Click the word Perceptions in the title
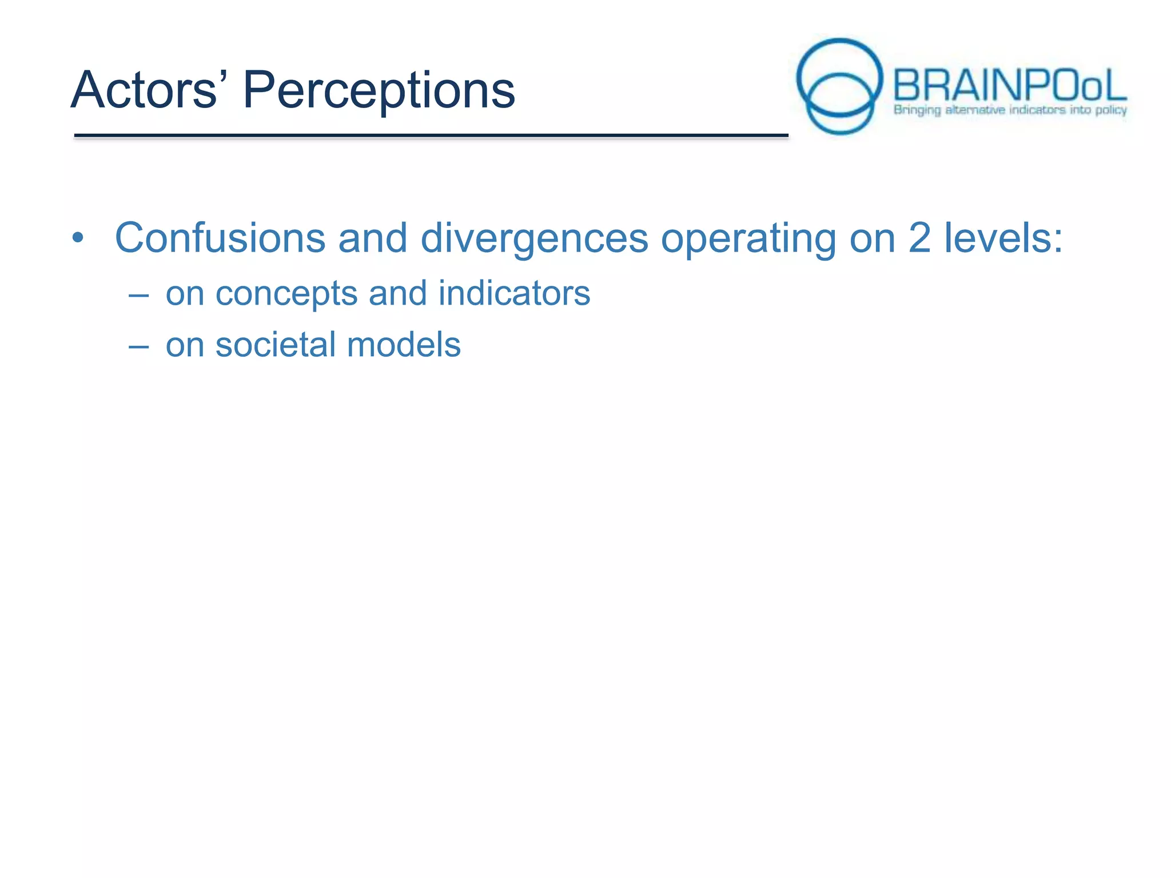pyautogui.click(x=379, y=91)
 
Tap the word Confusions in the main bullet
pyautogui.click(x=220, y=238)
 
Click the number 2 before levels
pyautogui.click(x=919, y=238)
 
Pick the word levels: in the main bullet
pyautogui.click(x=1003, y=238)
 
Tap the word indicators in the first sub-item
pyautogui.click(x=514, y=293)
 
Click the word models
pyautogui.click(x=404, y=345)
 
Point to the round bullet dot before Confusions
pyautogui.click(x=78, y=238)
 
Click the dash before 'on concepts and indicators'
pyautogui.click(x=138, y=296)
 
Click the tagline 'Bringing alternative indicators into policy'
pyautogui.click(x=1010, y=110)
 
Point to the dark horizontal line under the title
pyautogui.click(x=431, y=135)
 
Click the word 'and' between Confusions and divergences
pyautogui.click(x=373, y=238)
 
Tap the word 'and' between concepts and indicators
pyautogui.click(x=397, y=293)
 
